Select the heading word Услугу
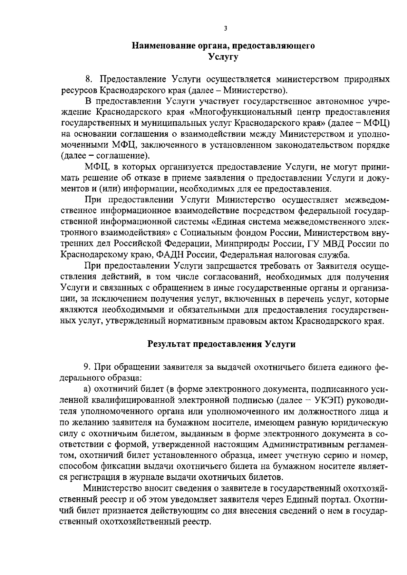pyautogui.click(x=224, y=57)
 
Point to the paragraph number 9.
pyautogui.click(x=86, y=367)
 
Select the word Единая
pyautogui.click(x=232, y=222)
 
